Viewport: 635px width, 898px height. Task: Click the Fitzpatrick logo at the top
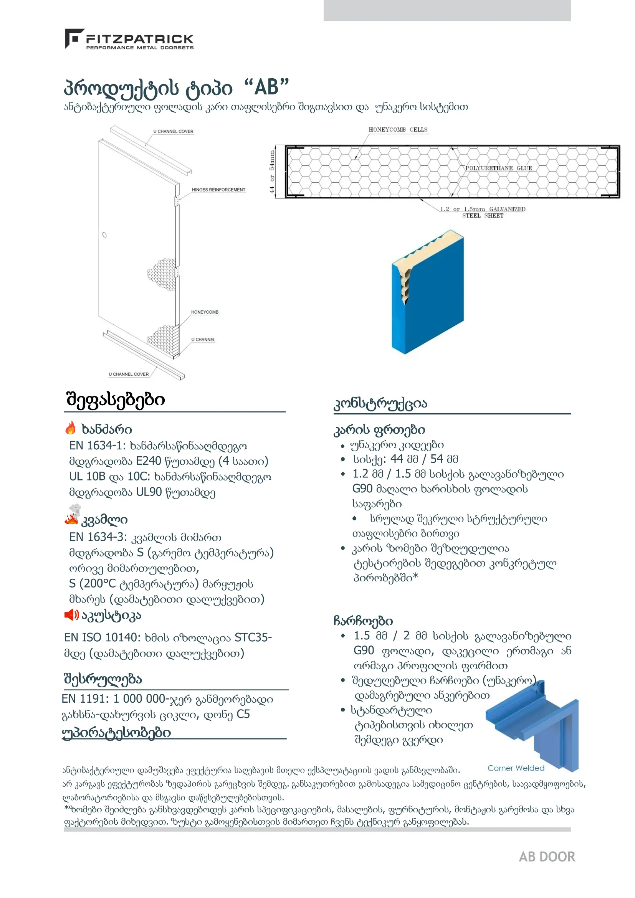[x=129, y=39]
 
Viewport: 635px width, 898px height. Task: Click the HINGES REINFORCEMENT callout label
[x=218, y=190]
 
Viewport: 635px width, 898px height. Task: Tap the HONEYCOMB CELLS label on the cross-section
[x=398, y=129]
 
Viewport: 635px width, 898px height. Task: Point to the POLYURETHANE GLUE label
[x=498, y=168]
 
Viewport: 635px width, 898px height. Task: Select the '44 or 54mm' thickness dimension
[x=272, y=172]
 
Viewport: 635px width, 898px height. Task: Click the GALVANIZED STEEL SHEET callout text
[x=483, y=212]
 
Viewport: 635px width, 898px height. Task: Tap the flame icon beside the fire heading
[x=71, y=428]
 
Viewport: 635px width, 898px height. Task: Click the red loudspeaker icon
[x=71, y=615]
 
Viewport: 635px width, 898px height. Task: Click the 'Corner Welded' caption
[x=516, y=768]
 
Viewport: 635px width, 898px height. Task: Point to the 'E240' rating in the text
[x=148, y=461]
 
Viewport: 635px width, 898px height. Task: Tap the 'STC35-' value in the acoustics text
[x=253, y=637]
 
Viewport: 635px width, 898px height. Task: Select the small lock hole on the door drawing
[x=104, y=235]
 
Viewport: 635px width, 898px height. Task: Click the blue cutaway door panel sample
[x=428, y=292]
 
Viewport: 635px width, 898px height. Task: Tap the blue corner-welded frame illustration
[x=532, y=726]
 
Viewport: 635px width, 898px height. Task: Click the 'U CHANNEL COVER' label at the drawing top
[x=173, y=131]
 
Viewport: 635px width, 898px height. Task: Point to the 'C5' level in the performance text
[x=243, y=714]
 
